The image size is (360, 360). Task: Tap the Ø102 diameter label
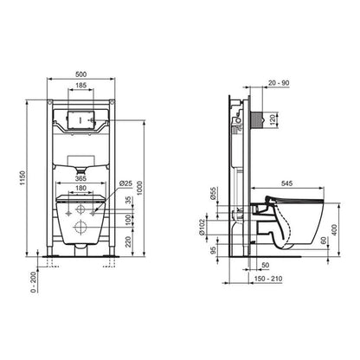tap(213, 227)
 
